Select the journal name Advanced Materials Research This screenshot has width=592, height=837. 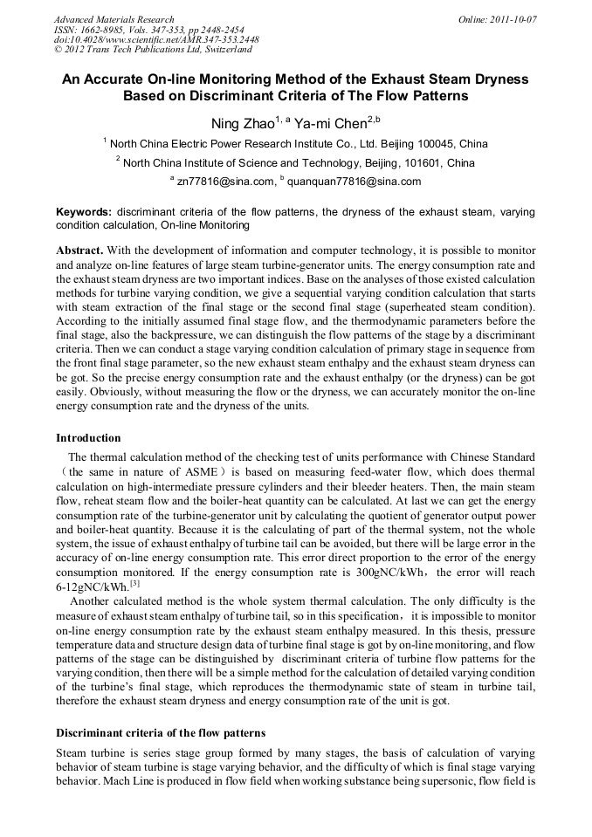(114, 19)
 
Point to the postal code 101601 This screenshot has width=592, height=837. (423, 163)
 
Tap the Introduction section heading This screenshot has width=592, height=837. (88, 438)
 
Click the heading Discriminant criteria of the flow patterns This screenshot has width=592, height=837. (161, 732)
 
